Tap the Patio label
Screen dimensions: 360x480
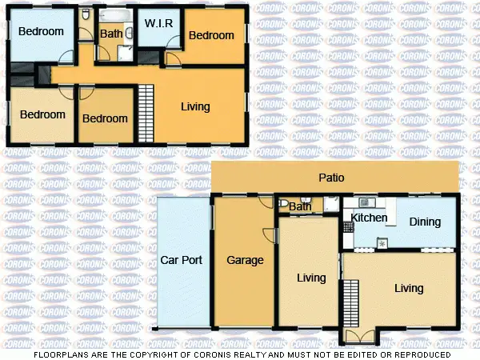(333, 178)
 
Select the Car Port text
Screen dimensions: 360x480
(181, 260)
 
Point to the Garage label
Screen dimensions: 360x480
(245, 260)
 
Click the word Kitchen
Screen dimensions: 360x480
(369, 218)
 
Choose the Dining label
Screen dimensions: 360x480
(424, 222)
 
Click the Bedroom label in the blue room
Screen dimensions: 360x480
(41, 32)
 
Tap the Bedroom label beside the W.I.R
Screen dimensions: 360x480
(211, 35)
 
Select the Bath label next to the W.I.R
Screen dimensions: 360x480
(110, 34)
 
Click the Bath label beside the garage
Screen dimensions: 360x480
(300, 207)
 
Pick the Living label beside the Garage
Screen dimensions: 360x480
(310, 278)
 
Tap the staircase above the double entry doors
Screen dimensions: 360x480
(350, 302)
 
